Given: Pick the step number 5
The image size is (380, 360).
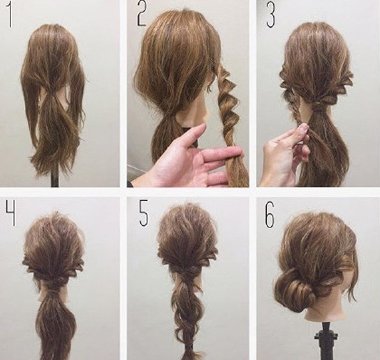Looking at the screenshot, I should coord(143,214).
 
